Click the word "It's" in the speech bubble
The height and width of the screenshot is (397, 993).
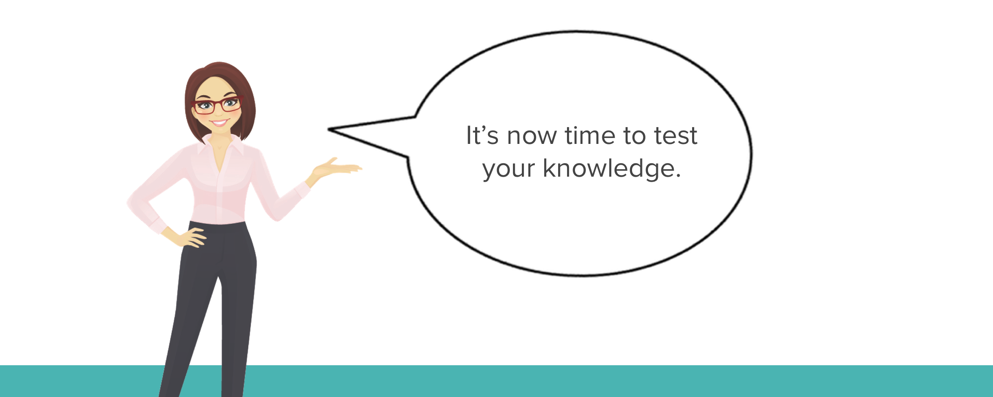[x=482, y=135]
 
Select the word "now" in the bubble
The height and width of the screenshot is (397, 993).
[x=532, y=137]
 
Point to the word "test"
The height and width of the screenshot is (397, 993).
[x=676, y=135]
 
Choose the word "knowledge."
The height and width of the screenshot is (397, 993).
[x=612, y=168]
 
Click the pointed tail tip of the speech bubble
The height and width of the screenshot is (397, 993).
[x=328, y=130]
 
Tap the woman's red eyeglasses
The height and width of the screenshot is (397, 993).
[x=217, y=105]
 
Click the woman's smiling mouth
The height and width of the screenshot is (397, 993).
[x=219, y=122]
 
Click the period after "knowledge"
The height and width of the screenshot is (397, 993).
[x=678, y=176]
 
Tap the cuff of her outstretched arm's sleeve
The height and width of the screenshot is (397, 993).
[x=301, y=190]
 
